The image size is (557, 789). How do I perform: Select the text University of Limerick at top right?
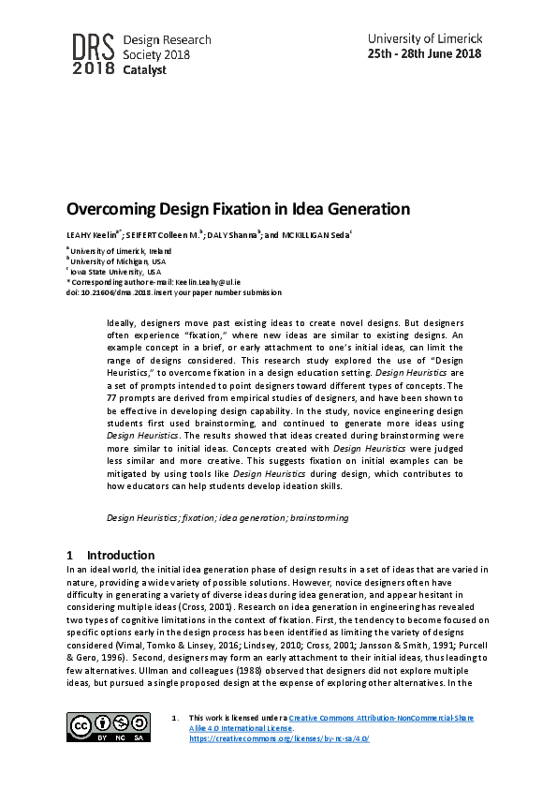[x=424, y=38]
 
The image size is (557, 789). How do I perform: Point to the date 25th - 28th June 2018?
[x=424, y=53]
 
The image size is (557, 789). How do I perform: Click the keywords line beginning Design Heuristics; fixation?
[x=227, y=517]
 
